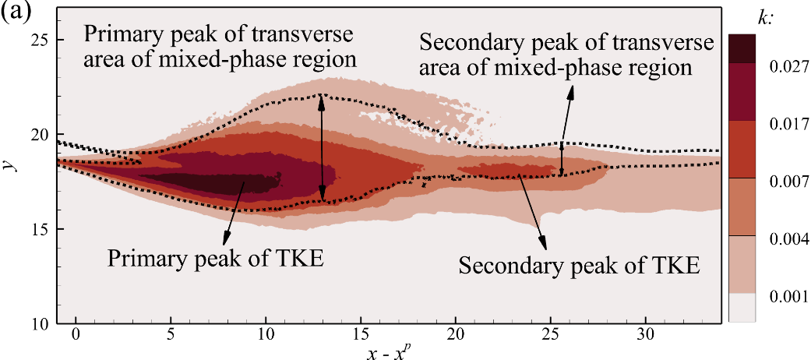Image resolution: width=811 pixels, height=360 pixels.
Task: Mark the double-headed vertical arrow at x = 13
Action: (x=322, y=148)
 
